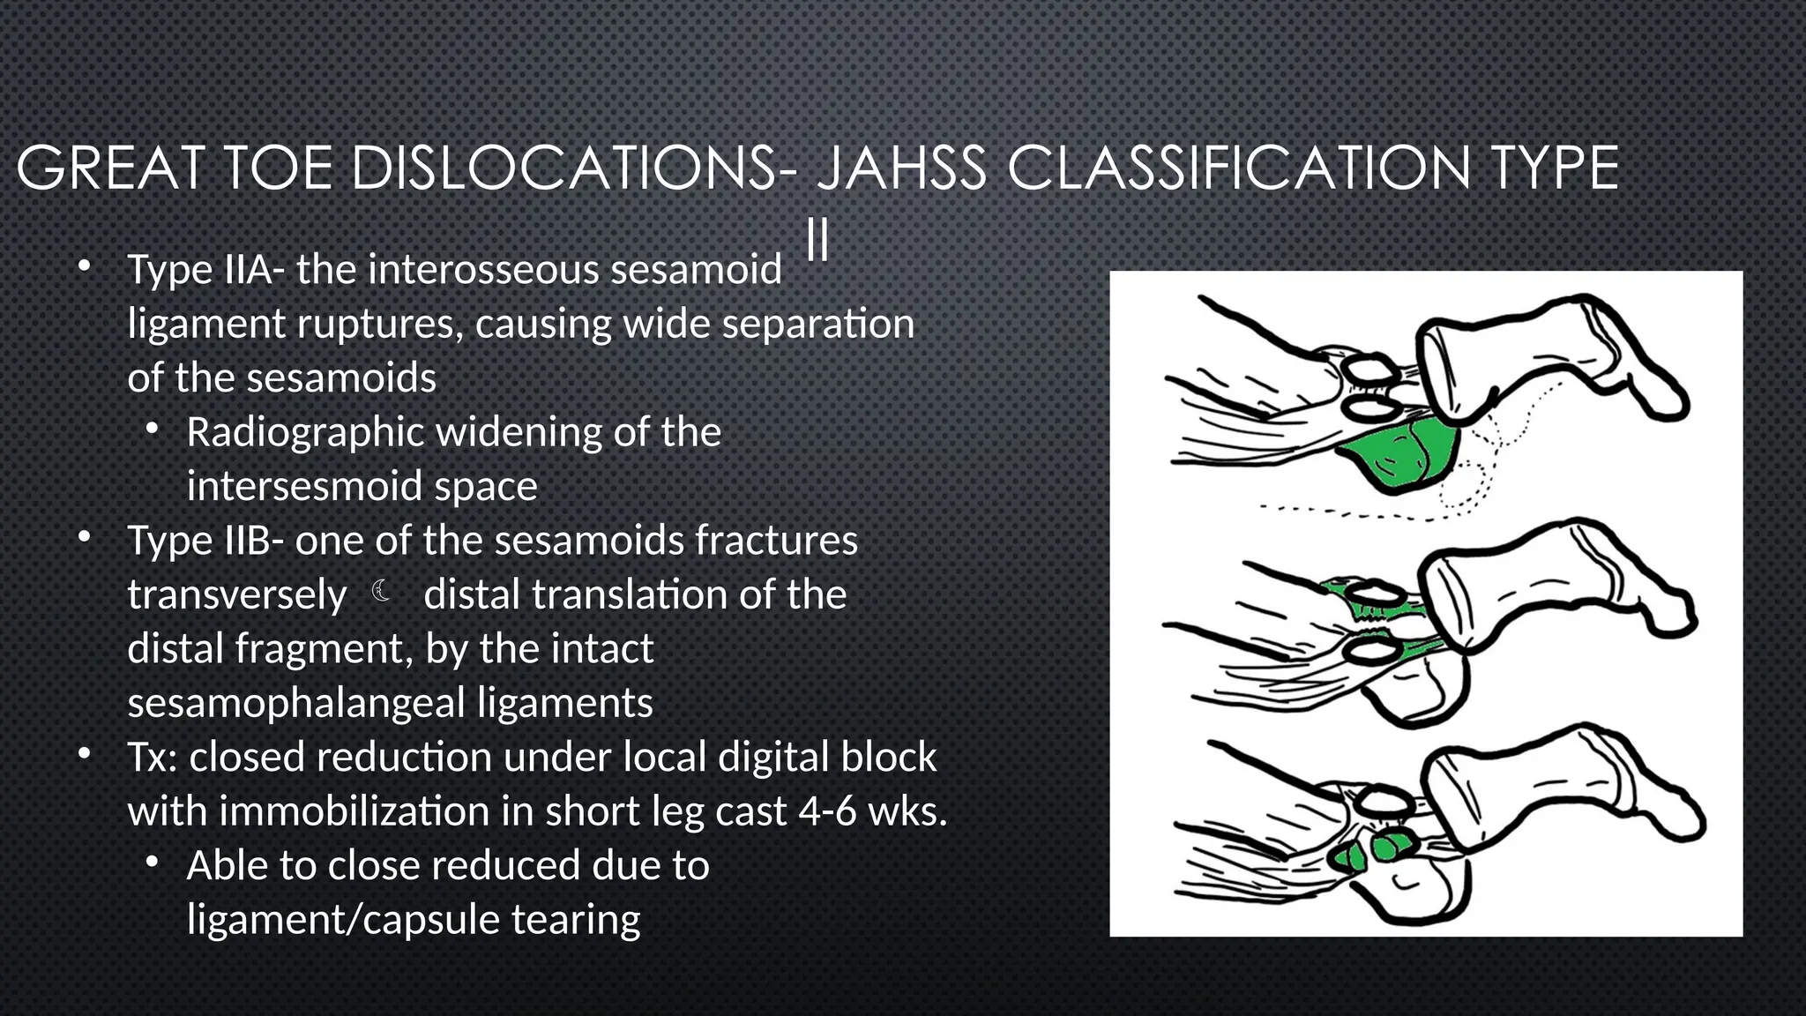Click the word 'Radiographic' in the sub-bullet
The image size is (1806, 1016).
(x=305, y=432)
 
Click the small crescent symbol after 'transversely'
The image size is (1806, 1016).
(x=382, y=591)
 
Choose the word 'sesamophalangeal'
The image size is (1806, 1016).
(x=296, y=703)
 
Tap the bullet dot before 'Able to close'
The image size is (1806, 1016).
(x=153, y=863)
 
